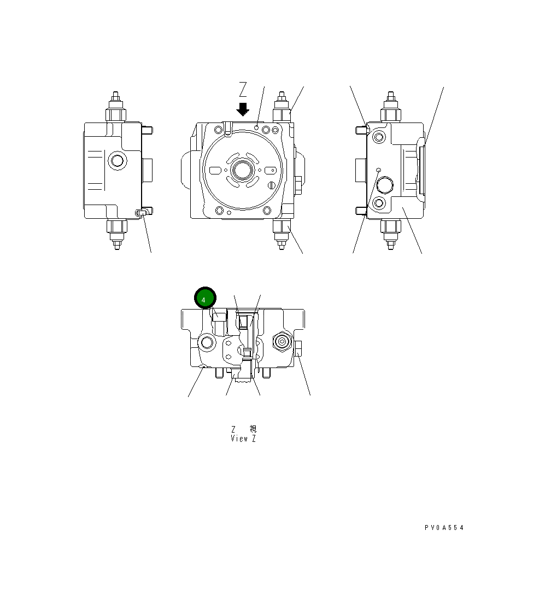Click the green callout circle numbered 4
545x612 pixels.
206,298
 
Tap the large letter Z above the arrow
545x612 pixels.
243,89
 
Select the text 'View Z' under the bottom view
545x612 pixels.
243,439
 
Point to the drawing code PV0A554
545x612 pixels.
444,528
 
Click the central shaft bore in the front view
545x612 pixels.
241,170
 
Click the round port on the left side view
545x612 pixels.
116,161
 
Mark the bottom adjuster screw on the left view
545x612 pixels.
116,234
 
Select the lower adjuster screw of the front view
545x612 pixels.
281,234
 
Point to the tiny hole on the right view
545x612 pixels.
378,170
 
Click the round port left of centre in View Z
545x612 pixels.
207,342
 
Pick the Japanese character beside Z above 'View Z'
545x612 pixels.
252,429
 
